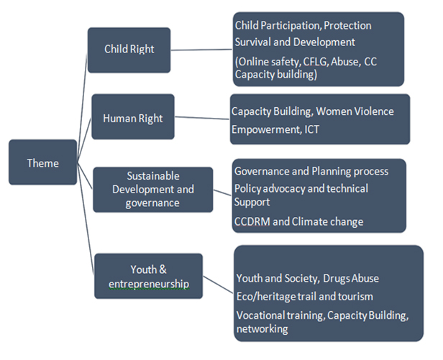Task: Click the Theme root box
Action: coord(42,162)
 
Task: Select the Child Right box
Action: coord(129,50)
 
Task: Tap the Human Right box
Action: coord(133,116)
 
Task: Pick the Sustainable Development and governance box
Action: coord(153,190)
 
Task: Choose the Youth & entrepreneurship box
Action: coord(148,276)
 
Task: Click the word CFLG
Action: coord(315,62)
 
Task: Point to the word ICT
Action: coord(311,129)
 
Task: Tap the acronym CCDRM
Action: coord(252,221)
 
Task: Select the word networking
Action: coord(262,329)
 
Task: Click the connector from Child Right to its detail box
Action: coord(201,50)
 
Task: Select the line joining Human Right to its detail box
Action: coord(202,118)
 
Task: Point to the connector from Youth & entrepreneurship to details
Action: coord(218,285)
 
